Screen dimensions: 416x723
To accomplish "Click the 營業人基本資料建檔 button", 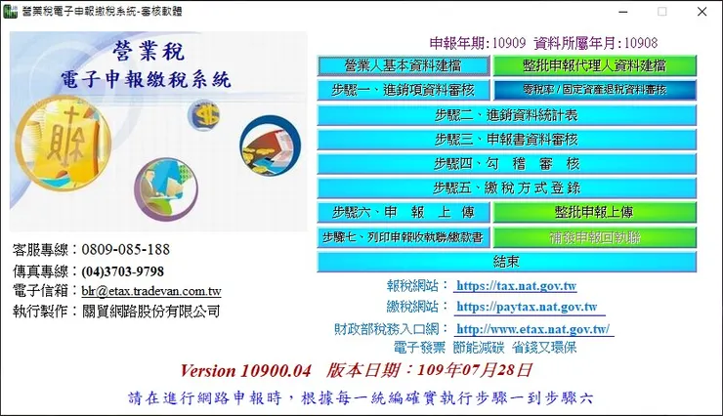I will coord(403,65).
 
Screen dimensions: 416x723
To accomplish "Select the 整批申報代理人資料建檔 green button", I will coord(594,65).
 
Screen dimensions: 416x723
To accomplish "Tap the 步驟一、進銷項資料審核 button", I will coord(403,90).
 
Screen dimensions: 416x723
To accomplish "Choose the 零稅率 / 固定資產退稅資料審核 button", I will coord(594,90).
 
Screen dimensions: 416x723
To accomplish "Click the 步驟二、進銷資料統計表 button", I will coord(506,114).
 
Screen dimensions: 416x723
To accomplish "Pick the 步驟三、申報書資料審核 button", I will coord(506,139).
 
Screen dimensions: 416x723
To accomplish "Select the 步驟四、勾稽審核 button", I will coord(506,163).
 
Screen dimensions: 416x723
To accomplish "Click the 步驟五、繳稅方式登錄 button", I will coord(506,187).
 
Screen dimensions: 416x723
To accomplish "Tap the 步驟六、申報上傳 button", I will coord(403,212).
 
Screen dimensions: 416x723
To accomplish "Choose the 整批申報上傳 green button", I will coord(594,212).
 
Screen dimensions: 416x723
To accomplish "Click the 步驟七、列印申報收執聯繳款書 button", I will coord(403,237).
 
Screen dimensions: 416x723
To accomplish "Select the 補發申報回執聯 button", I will coord(594,237).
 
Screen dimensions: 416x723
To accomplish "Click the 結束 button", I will coord(506,262).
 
